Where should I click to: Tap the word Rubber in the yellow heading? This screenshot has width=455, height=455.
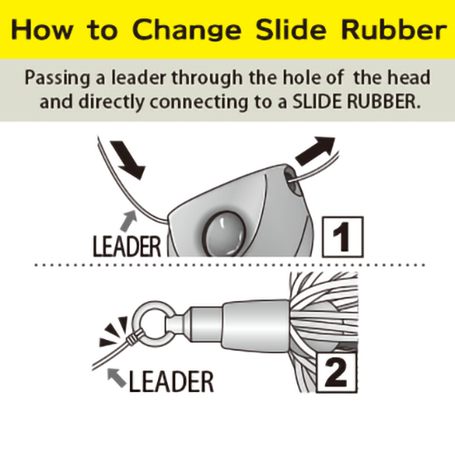click(394, 30)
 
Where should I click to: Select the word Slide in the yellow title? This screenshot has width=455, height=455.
click(291, 30)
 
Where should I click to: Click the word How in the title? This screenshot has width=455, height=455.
click(42, 30)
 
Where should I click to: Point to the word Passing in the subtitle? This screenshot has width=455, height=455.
click(57, 79)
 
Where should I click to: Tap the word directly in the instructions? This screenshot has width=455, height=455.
click(112, 102)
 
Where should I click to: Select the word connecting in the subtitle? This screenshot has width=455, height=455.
click(199, 103)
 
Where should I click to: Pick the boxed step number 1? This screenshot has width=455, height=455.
click(342, 237)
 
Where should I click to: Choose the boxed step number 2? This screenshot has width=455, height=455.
click(337, 372)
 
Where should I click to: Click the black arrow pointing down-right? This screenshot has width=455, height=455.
click(127, 159)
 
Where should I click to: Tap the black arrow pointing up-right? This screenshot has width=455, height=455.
click(315, 151)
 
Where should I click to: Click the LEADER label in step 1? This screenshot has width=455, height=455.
click(127, 247)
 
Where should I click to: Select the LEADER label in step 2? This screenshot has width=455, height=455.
click(171, 381)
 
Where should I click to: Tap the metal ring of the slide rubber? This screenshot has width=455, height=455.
click(152, 322)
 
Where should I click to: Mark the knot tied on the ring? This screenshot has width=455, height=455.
click(133, 338)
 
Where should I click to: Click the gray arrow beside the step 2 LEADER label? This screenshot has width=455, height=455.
click(117, 376)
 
